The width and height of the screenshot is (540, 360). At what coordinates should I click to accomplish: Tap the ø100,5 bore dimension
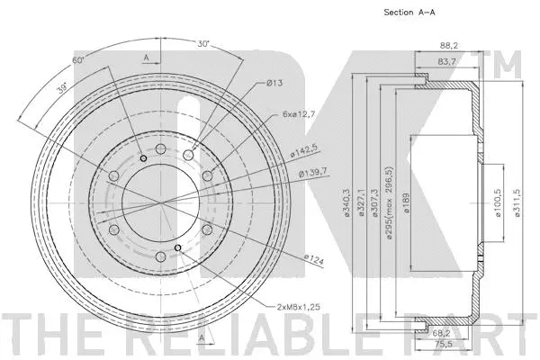click(x=497, y=200)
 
